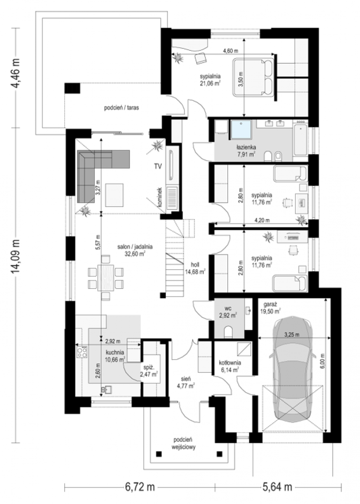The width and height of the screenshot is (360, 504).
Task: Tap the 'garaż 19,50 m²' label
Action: (272, 308)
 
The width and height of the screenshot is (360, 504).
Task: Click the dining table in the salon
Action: (106, 278)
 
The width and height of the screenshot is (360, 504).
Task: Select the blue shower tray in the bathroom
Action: (241, 129)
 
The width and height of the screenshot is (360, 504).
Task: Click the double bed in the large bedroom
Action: (253, 77)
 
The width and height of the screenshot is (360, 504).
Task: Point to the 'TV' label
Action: (158, 166)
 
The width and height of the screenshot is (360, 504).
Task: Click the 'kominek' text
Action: (159, 197)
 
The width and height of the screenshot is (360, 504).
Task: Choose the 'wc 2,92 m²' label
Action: (228, 312)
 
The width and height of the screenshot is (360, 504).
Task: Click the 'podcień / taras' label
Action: (121, 108)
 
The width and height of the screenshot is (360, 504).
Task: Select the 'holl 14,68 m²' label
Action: (195, 268)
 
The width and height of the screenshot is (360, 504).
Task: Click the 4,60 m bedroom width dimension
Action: (223, 54)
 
